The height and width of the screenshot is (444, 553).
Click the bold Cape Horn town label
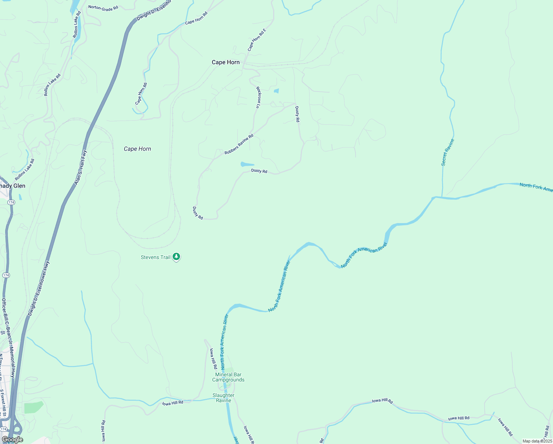[225, 62]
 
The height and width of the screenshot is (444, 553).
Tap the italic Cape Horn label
[137, 149]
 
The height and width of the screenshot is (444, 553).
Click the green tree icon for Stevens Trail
[177, 256]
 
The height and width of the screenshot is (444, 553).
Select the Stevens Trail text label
[155, 257]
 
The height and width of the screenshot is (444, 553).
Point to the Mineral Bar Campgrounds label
[228, 377]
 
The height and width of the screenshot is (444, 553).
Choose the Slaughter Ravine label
[223, 398]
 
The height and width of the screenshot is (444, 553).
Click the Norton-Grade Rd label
[103, 8]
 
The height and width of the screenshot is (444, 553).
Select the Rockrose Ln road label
[258, 97]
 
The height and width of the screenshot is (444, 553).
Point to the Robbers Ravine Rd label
[239, 144]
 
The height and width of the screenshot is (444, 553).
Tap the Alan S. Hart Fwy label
[80, 167]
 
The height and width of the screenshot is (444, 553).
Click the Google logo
[12, 440]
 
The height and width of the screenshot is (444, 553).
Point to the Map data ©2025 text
[537, 441]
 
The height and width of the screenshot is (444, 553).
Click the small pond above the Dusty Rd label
[247, 164]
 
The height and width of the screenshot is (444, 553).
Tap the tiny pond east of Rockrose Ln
[276, 91]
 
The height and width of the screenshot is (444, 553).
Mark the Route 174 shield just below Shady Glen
[11, 202]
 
